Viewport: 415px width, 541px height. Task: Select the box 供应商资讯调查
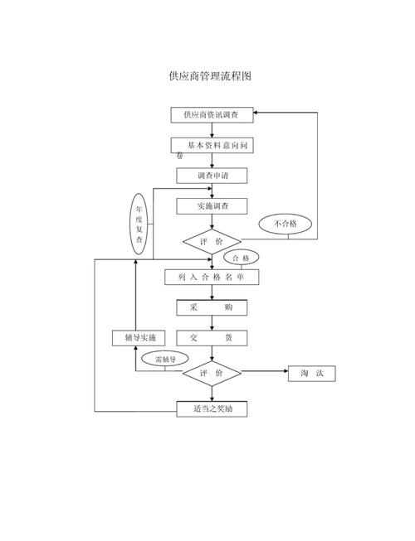tap(212, 115)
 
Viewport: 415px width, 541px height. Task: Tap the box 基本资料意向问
tap(214, 145)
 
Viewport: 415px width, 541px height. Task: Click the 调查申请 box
tap(212, 176)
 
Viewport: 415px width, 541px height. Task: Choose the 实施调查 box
tap(212, 205)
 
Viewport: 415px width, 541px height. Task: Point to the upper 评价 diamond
tap(212, 241)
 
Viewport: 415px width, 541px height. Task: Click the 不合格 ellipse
tap(286, 225)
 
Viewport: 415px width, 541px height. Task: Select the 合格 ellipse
tap(241, 258)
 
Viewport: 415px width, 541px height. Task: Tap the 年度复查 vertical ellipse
tap(139, 224)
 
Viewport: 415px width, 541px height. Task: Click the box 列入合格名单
tap(212, 278)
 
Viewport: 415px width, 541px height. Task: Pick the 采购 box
tap(212, 307)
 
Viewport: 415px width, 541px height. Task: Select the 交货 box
tap(212, 338)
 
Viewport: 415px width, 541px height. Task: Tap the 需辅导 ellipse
tap(160, 360)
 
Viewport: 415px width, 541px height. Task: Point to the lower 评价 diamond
tap(212, 374)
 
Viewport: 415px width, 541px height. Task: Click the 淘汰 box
tap(311, 374)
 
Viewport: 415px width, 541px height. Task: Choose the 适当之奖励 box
tap(212, 409)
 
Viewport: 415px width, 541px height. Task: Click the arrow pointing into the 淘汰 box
tap(283, 374)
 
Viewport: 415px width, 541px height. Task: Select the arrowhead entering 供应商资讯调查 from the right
tap(258, 111)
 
